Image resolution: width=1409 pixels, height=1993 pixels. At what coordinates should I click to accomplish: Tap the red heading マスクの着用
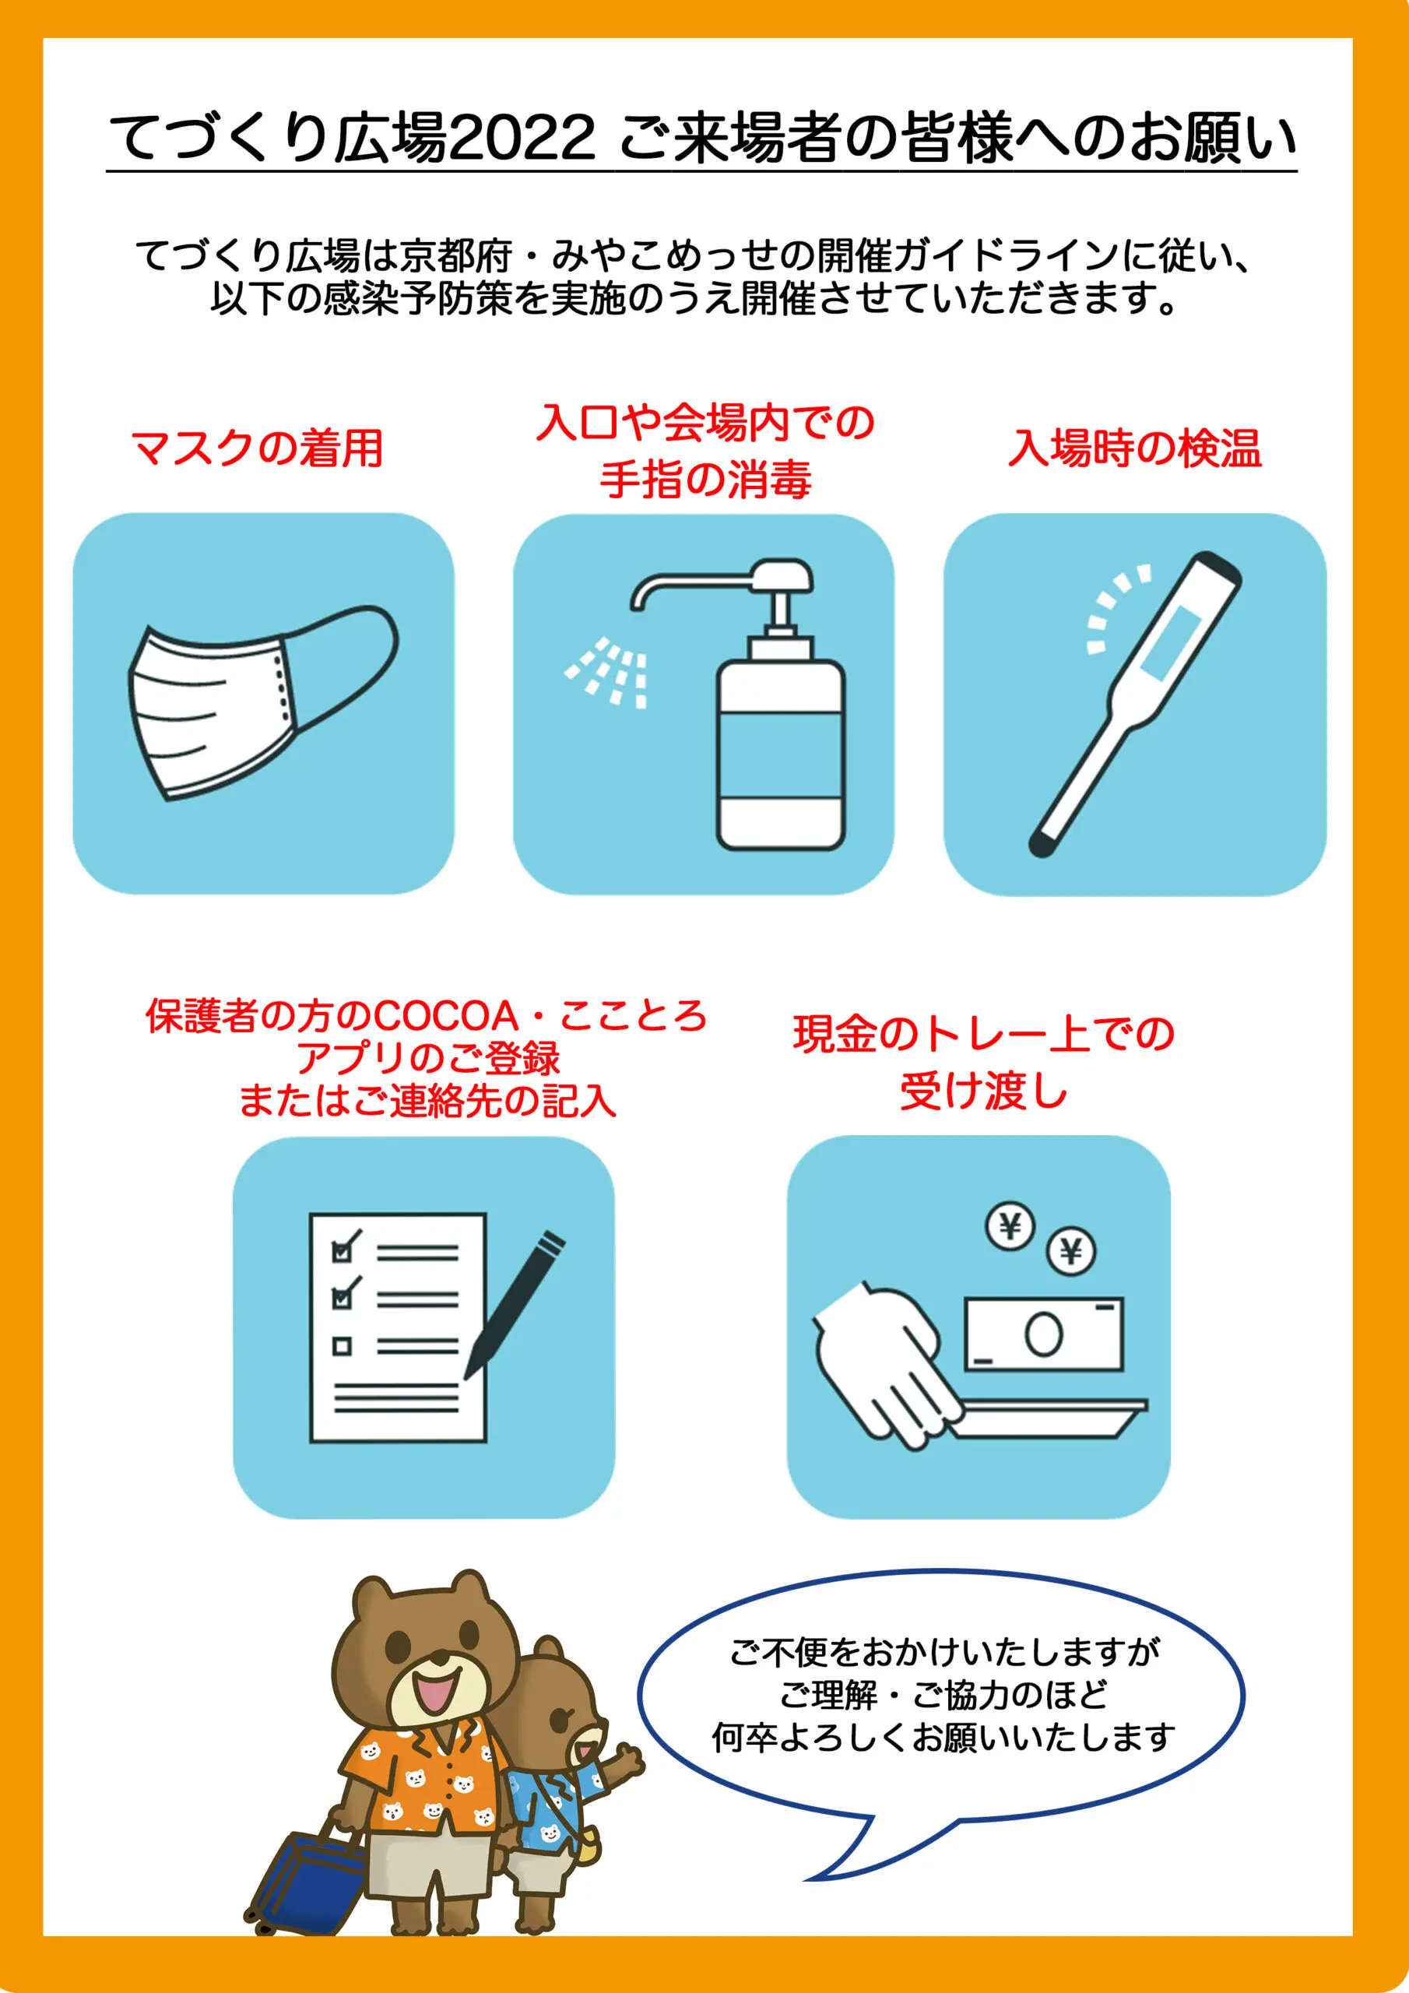tap(257, 448)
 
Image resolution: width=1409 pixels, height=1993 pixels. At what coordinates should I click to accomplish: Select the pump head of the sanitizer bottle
tap(782, 577)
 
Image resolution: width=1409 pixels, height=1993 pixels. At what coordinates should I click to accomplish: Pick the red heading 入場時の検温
tap(1133, 448)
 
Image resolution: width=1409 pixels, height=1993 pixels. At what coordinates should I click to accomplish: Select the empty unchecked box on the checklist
tap(342, 1346)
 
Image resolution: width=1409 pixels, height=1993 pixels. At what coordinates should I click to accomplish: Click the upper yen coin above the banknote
tap(1010, 1226)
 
